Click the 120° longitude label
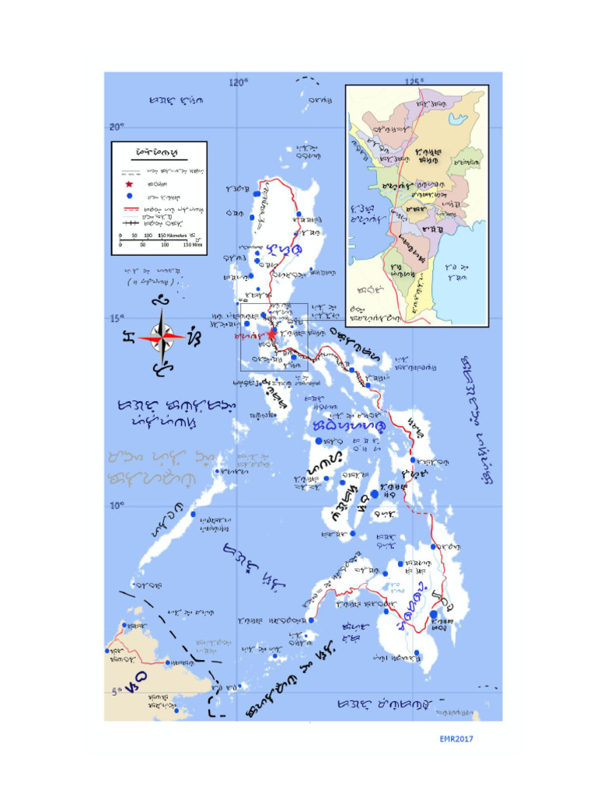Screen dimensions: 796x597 click(238, 82)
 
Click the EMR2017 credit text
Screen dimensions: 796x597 click(452, 738)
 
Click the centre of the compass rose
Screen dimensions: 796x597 click(161, 337)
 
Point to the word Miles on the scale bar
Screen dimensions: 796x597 click(194, 243)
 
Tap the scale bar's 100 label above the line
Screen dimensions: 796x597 click(148, 234)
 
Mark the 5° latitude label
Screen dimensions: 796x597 click(113, 692)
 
